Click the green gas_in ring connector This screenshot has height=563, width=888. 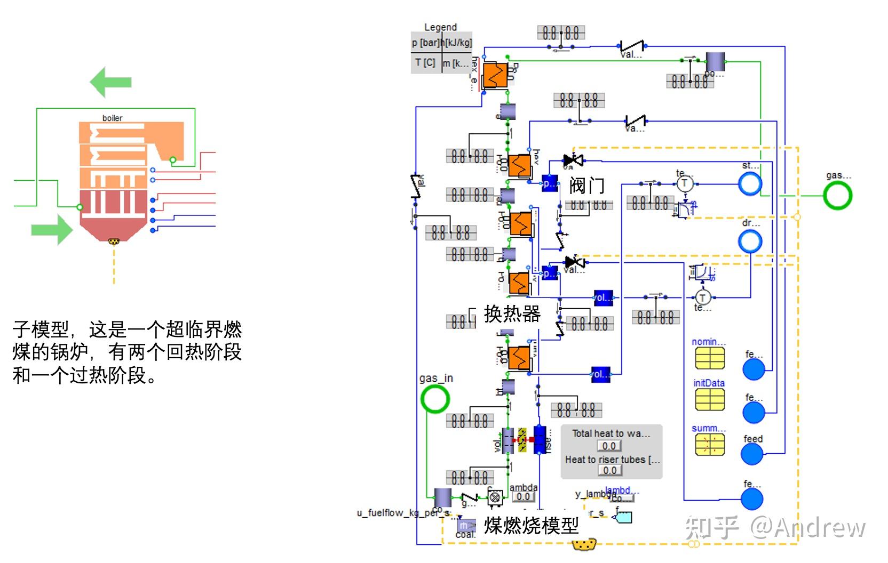435,399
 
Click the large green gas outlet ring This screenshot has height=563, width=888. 837,195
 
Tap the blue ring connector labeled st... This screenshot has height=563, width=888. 750,184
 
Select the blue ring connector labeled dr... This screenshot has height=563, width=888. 750,242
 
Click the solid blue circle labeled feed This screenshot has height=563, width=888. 752,454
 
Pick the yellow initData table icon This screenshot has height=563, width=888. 709,399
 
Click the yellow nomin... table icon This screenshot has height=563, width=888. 709,358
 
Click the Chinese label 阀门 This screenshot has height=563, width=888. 586,186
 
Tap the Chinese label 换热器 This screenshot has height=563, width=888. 512,313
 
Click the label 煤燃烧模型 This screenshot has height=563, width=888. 530,526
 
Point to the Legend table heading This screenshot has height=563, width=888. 440,27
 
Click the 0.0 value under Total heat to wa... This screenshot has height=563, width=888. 609,446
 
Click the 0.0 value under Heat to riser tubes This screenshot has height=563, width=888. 609,470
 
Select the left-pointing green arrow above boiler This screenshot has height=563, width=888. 110,82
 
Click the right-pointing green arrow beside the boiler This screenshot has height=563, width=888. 51,230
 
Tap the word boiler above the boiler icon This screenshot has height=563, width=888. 112,118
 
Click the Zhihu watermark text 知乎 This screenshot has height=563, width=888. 712,528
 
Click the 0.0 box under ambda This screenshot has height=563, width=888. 523,497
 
